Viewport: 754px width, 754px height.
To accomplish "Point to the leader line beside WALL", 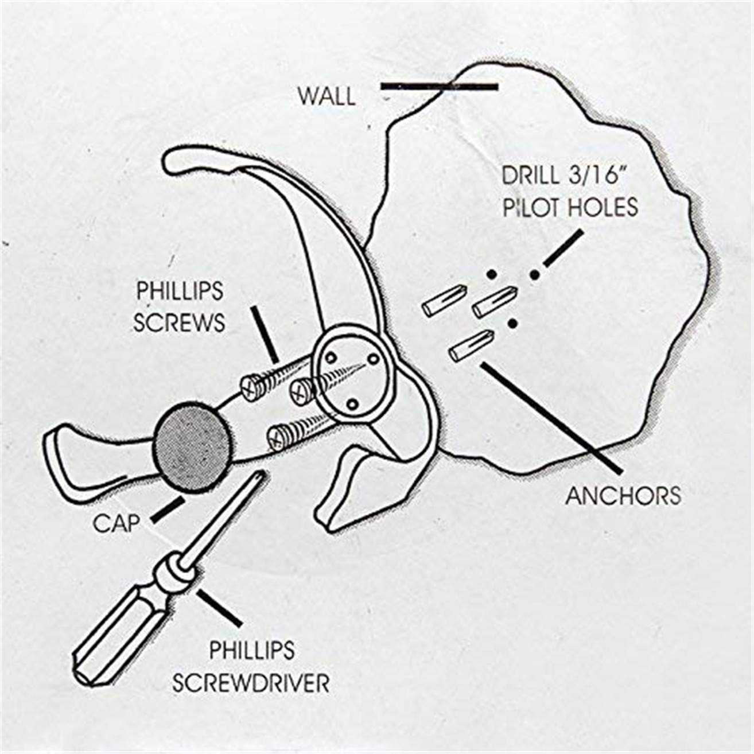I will click(x=439, y=87).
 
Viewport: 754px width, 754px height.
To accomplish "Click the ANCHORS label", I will click(x=623, y=495).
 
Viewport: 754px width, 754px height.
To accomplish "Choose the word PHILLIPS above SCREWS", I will click(x=178, y=292).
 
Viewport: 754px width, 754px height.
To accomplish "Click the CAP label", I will click(x=118, y=523).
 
